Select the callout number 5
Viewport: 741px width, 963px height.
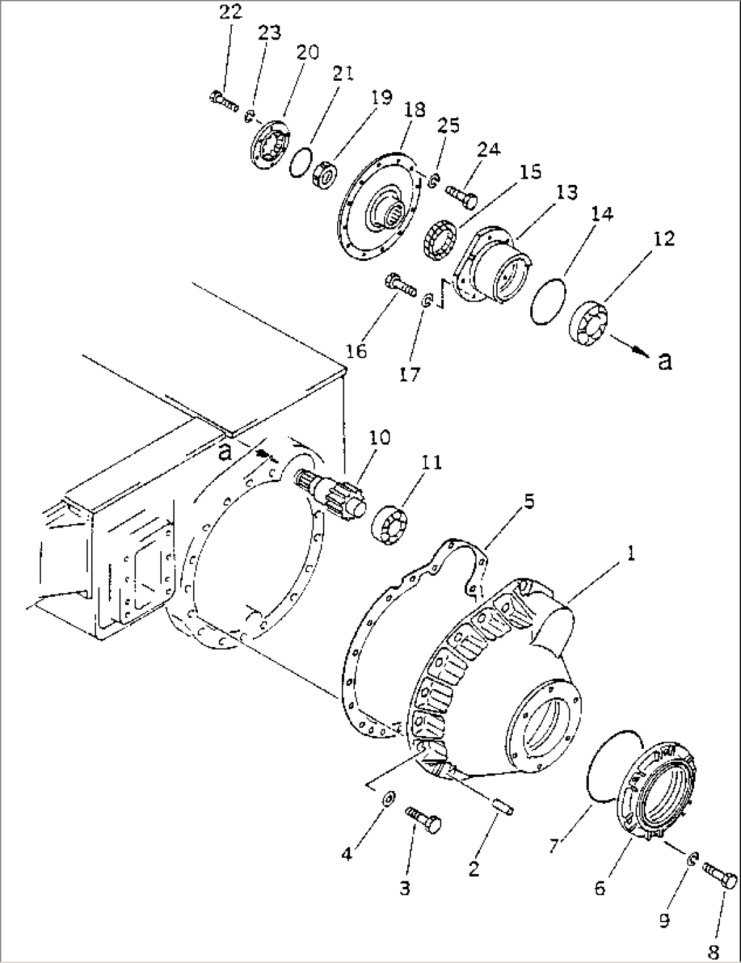coord(529,503)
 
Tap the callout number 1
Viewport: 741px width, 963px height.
coord(630,555)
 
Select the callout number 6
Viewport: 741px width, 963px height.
coord(600,888)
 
